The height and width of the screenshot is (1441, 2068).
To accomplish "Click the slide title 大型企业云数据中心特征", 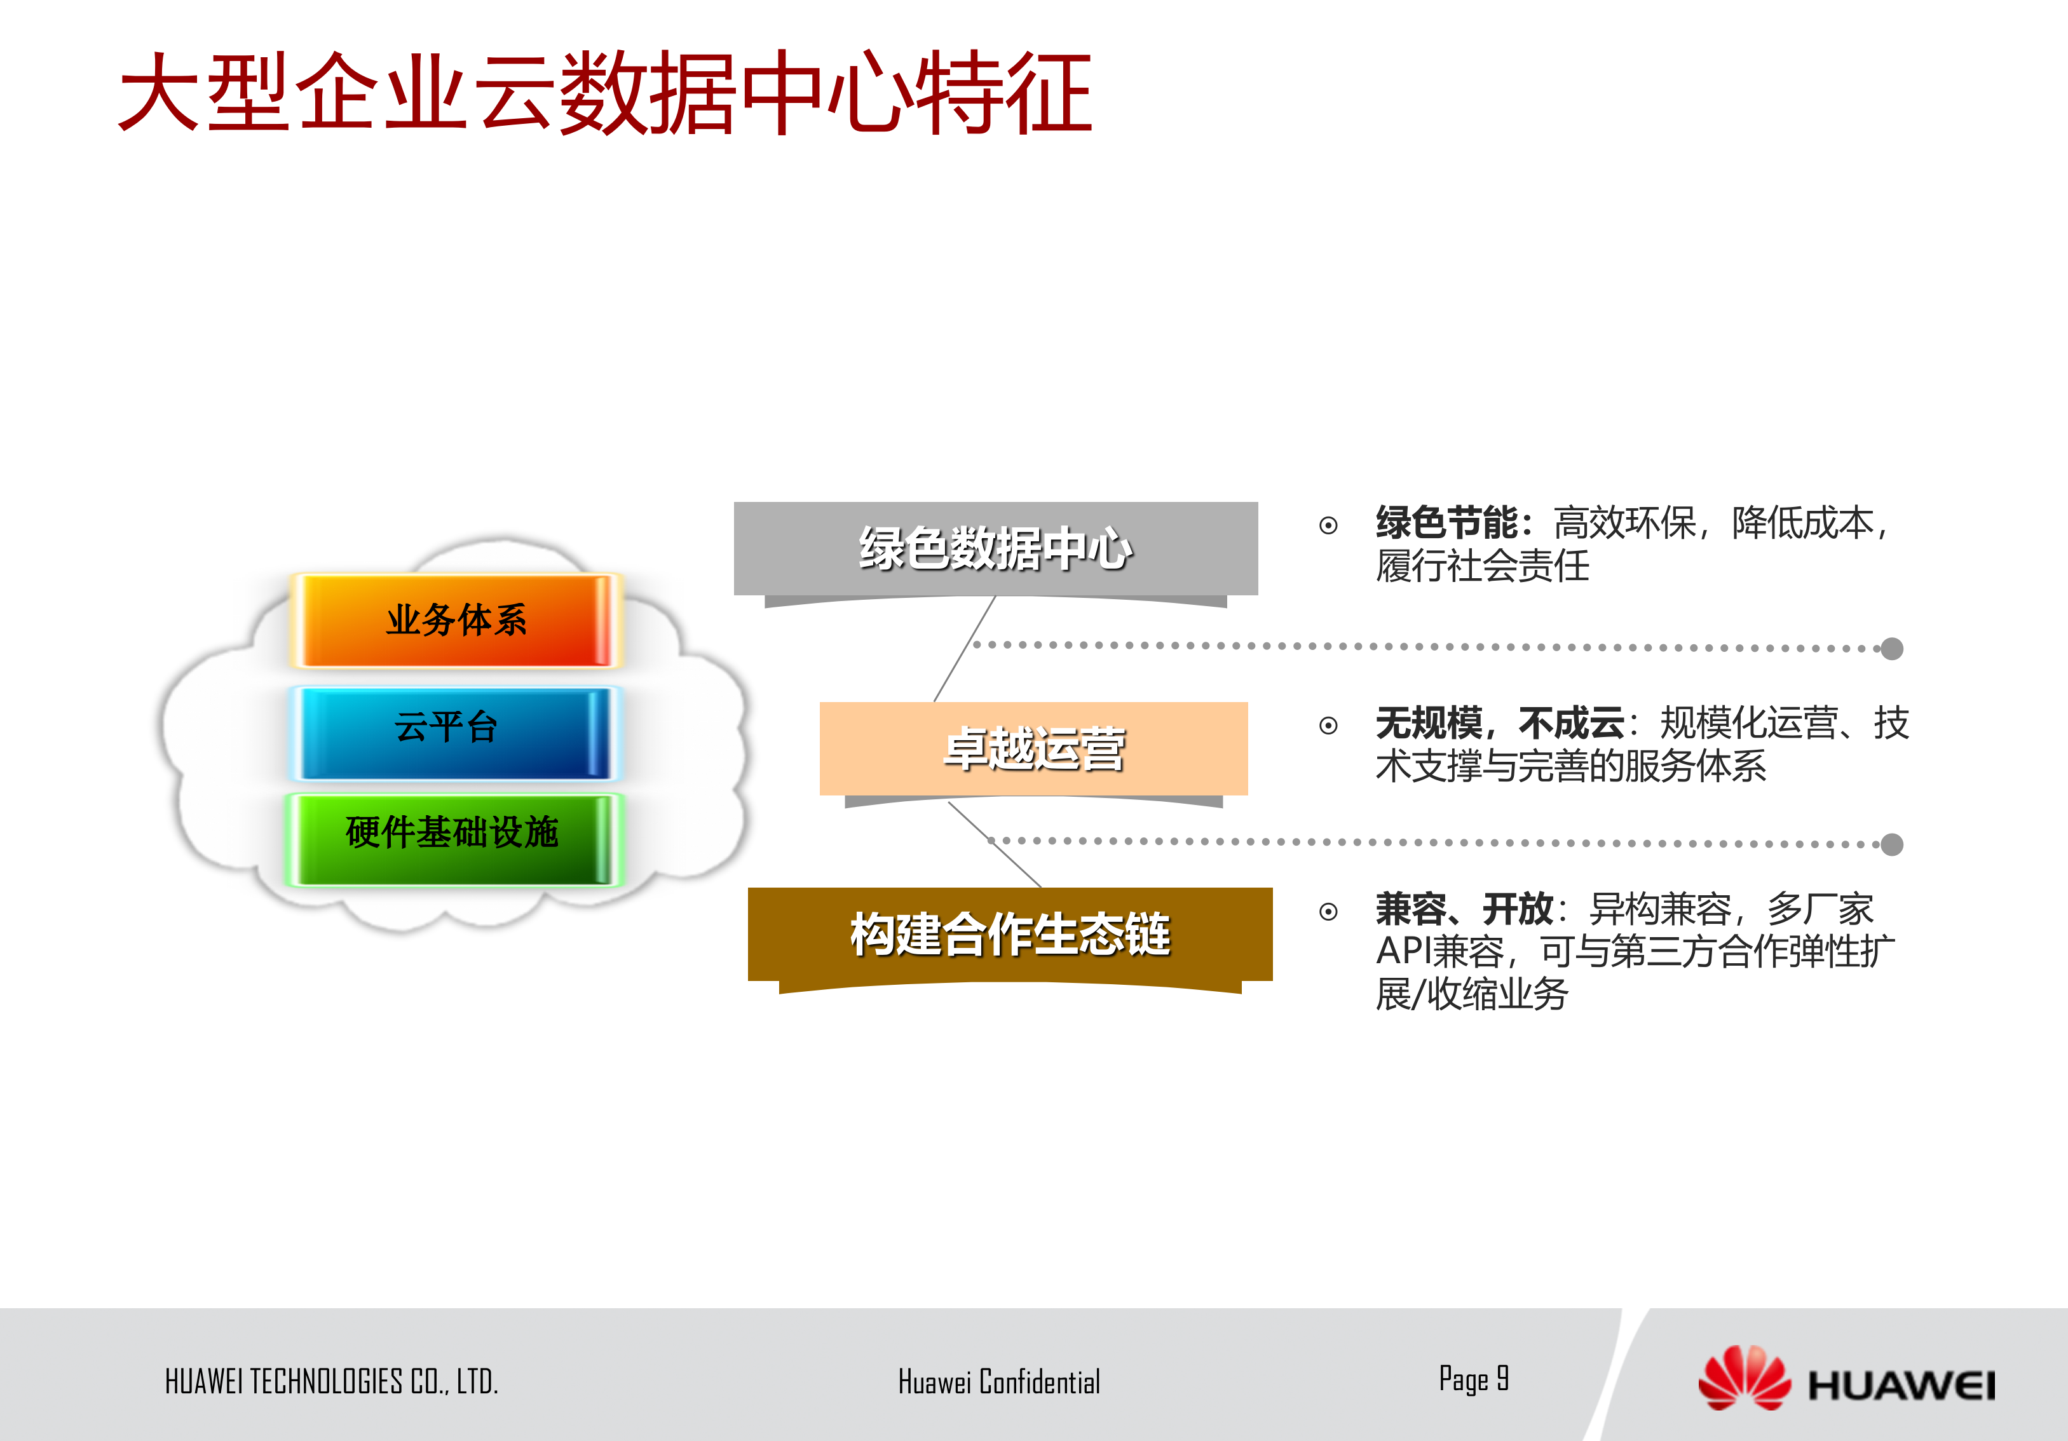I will click(x=605, y=93).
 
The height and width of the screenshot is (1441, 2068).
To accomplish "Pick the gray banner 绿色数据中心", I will click(x=995, y=548).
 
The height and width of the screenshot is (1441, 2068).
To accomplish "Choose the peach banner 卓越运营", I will click(x=1033, y=748).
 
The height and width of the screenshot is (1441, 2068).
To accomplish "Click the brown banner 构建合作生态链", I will click(x=1010, y=934).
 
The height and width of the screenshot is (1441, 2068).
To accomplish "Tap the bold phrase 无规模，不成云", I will click(x=1500, y=723).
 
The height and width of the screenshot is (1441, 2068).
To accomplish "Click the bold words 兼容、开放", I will click(x=1464, y=909).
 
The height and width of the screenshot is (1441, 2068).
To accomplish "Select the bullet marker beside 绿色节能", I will click(x=1328, y=525).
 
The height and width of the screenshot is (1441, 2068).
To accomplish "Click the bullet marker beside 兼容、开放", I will click(x=1328, y=912).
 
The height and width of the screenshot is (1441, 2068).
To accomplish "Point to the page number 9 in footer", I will click(x=1502, y=1378).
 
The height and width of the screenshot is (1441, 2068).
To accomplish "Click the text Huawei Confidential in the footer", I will click(x=999, y=1381).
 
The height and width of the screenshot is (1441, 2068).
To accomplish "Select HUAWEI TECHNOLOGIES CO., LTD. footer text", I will click(x=332, y=1381).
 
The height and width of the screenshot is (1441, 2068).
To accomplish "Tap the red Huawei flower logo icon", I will click(x=1744, y=1379).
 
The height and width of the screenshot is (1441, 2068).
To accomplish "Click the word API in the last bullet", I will click(x=1403, y=951).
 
